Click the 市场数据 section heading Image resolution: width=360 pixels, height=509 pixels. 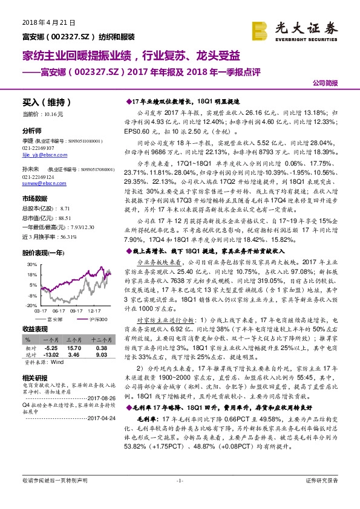pyautogui.click(x=34, y=199)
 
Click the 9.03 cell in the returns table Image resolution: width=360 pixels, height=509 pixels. pyautogui.click(x=101, y=355)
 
